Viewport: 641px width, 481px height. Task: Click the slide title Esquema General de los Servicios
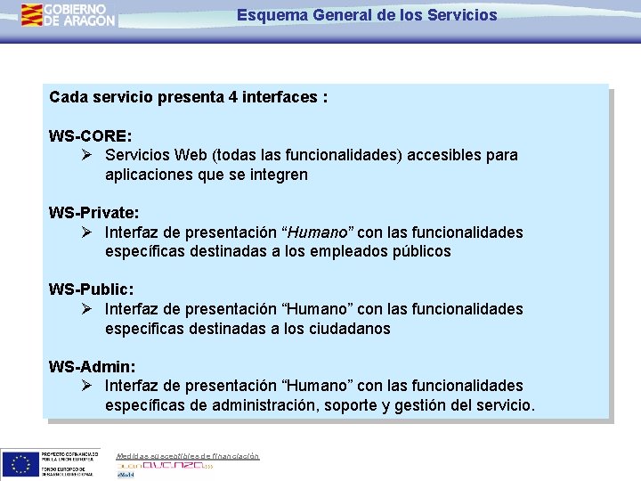367,15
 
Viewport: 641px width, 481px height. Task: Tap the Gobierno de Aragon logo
69,14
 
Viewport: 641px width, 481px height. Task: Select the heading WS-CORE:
91,136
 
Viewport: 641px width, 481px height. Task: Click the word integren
275,175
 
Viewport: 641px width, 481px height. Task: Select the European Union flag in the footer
20,462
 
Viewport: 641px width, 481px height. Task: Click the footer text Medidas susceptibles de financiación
188,456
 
